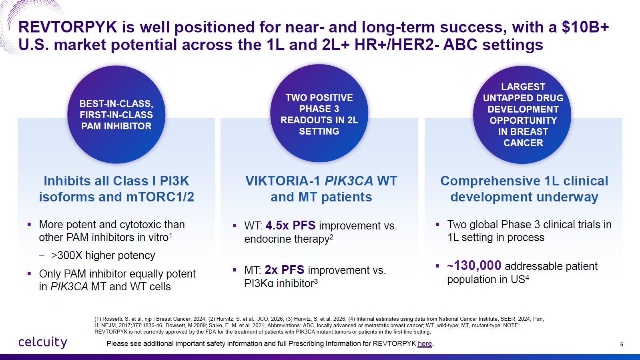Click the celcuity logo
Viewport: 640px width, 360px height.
[43, 342]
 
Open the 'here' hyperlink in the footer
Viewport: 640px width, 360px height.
[425, 344]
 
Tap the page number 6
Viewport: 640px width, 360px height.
[622, 344]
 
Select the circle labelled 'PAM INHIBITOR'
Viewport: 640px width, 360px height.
[116, 115]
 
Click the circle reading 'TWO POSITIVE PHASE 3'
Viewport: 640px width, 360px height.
[319, 113]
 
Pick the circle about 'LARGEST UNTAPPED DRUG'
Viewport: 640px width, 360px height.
[522, 115]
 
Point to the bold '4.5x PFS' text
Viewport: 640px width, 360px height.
[291, 225]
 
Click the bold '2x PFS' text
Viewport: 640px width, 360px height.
[285, 269]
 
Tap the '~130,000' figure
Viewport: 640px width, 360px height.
[474, 265]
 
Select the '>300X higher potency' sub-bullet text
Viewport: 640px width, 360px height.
[103, 255]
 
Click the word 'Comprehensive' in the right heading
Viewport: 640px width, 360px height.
[490, 181]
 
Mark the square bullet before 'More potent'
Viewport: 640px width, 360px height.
[29, 225]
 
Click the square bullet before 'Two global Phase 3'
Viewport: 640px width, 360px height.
[437, 225]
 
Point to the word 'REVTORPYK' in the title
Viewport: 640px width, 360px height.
[68, 27]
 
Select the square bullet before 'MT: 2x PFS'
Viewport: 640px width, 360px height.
[235, 269]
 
